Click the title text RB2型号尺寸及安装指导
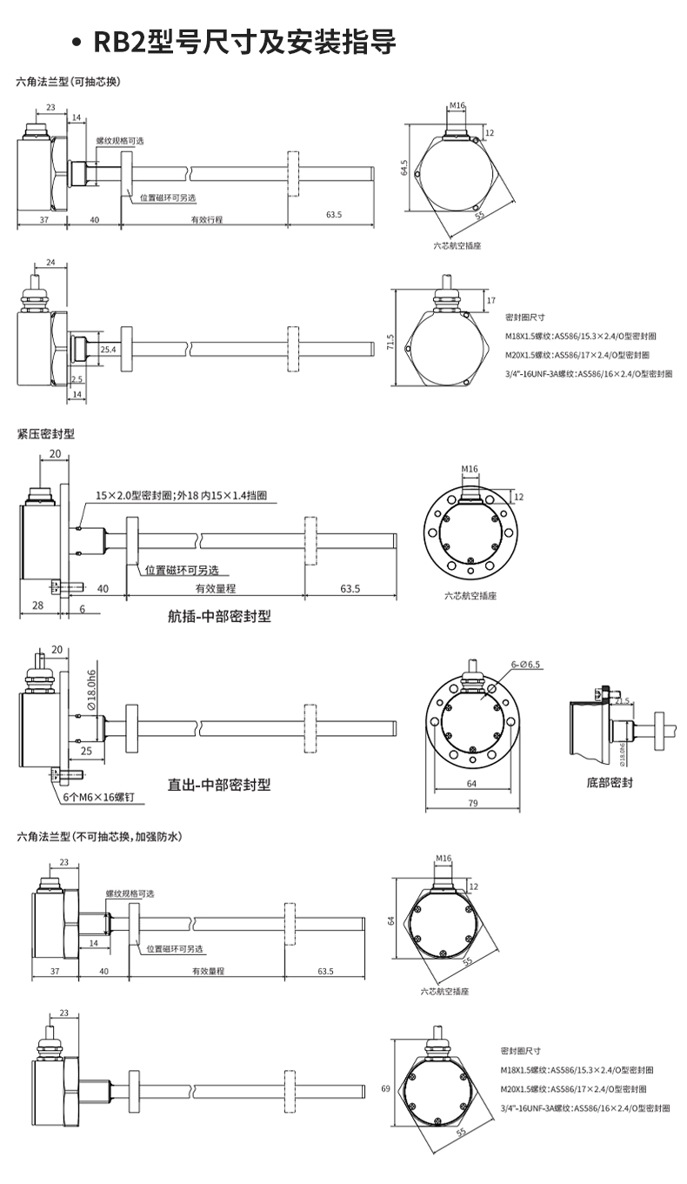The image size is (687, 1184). pos(245,42)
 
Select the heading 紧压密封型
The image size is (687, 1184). pos(46,433)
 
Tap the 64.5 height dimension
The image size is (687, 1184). pos(404,167)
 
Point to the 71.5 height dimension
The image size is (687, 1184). pos(390,344)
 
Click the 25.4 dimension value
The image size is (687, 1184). pos(108,349)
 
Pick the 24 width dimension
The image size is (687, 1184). pos(50,262)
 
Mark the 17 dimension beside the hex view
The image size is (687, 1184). pos(490,301)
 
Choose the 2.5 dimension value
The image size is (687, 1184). pos(77,378)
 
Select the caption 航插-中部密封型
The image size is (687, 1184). pos(219,617)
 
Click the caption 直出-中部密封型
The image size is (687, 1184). pos(219,785)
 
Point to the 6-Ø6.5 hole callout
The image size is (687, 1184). pos(526,665)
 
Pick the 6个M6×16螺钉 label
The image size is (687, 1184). pos(98,796)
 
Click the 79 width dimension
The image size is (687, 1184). pos(473,803)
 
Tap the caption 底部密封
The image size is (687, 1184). pos(610,782)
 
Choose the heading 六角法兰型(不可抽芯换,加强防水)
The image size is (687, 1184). pos(99,837)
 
